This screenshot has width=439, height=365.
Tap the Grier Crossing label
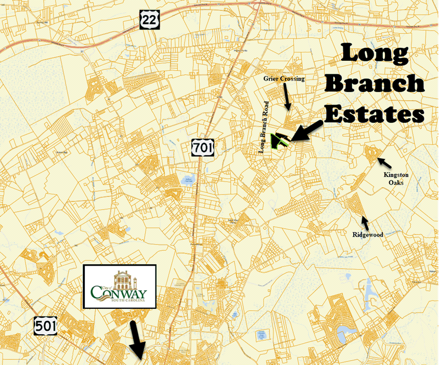click(x=284, y=79)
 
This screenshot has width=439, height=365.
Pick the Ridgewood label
click(x=368, y=235)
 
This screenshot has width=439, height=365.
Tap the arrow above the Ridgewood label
click(x=366, y=223)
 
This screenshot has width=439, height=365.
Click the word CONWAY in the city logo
click(x=119, y=292)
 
